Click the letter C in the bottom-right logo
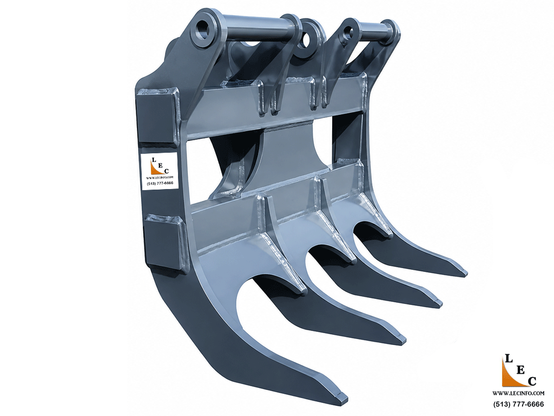532,381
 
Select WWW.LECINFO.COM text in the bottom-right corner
518,393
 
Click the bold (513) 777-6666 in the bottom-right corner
518,404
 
